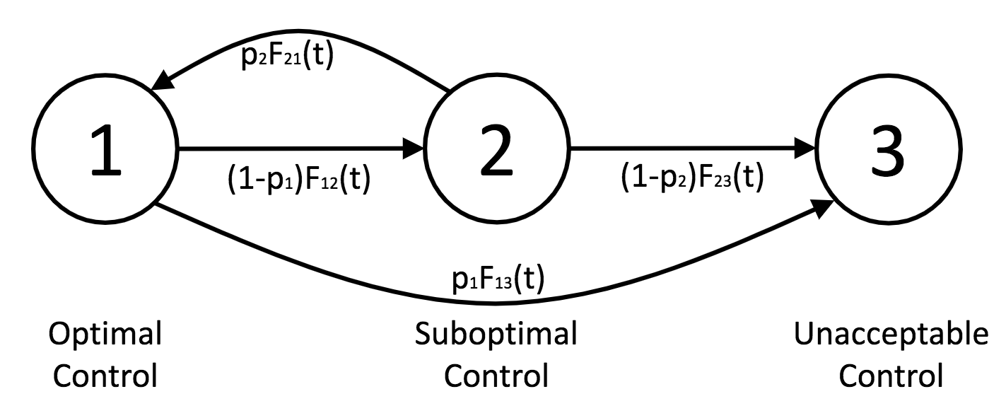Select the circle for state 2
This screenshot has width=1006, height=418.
point(496,151)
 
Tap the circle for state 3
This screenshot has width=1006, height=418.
point(889,151)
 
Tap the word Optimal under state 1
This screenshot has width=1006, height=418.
point(105,333)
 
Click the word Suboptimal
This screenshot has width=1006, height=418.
point(496,333)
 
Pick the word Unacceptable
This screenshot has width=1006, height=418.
point(891,333)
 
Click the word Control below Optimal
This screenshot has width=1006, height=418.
point(105,375)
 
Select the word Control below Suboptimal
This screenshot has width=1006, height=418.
point(496,375)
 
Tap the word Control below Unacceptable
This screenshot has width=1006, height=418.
point(891,375)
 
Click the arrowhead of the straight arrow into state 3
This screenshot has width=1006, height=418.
point(805,149)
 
